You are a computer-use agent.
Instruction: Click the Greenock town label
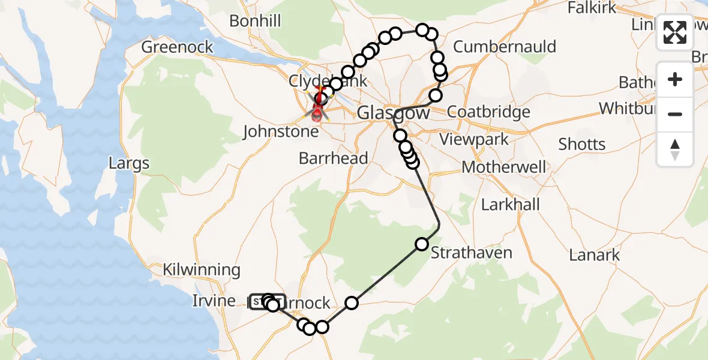click(177, 47)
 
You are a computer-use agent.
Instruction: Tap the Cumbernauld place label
click(505, 47)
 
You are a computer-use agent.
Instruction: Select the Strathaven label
click(472, 253)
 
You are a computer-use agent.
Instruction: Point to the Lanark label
click(594, 255)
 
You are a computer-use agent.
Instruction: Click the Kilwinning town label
click(202, 270)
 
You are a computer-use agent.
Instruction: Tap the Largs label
click(129, 163)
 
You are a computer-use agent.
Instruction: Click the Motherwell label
click(504, 167)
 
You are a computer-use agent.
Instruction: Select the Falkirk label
click(592, 7)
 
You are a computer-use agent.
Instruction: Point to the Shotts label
click(582, 144)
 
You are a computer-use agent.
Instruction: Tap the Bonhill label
click(255, 21)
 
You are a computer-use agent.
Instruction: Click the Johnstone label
click(280, 131)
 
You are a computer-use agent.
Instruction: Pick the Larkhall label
click(511, 205)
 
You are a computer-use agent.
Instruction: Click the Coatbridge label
click(489, 112)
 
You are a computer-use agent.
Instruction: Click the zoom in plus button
click(675, 79)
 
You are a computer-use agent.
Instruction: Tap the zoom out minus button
click(675, 114)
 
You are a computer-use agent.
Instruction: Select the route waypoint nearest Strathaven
click(422, 244)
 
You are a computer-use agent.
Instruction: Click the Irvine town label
click(214, 301)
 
